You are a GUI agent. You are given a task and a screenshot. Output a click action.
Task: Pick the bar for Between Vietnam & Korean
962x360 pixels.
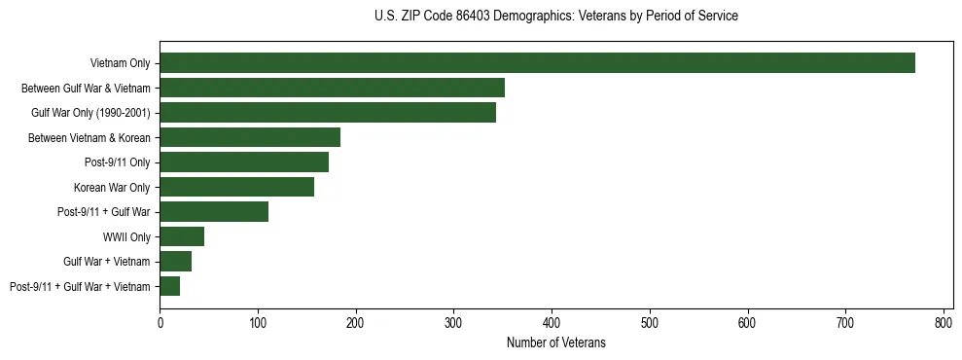coord(250,137)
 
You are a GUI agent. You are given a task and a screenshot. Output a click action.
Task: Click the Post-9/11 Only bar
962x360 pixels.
coord(244,162)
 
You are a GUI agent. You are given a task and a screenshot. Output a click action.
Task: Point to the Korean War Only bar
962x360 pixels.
coord(236,187)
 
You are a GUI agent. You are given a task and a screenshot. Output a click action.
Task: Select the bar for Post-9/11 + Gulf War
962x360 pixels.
coord(214,211)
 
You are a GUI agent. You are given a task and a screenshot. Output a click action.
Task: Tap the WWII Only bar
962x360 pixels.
coord(182,236)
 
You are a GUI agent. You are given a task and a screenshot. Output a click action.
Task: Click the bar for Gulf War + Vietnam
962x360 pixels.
coord(175,261)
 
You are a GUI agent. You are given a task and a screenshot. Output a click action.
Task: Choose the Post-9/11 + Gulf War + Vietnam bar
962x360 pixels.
coord(169,286)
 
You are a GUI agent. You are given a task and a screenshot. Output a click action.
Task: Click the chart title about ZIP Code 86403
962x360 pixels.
coord(555,17)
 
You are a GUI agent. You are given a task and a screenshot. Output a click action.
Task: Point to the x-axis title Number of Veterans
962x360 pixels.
coord(555,342)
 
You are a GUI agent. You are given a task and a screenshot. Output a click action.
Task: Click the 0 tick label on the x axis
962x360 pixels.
coord(160,321)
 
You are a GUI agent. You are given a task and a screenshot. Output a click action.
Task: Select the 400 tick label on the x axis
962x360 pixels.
coord(552,321)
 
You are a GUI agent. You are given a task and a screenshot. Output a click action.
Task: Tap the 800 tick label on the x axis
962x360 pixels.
coord(944,321)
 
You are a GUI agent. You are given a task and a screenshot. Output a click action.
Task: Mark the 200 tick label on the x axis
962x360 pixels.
coord(356,321)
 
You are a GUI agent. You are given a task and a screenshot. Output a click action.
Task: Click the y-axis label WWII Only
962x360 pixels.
coord(126,236)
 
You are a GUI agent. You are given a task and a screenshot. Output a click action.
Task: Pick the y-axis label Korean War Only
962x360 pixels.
coord(112,187)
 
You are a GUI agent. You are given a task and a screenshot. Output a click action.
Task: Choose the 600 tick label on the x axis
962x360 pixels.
coord(748,321)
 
